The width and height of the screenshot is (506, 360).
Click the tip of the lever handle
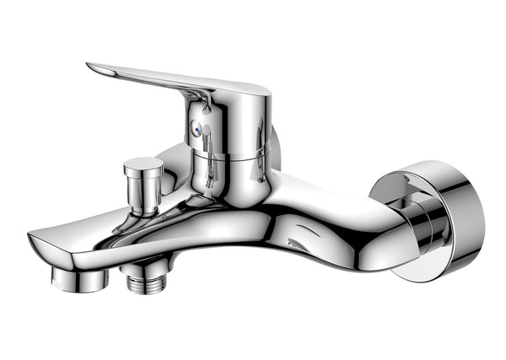coord(92,67)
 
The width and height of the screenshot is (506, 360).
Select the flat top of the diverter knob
coord(143,163)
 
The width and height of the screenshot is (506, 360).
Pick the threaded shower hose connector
coord(136,282)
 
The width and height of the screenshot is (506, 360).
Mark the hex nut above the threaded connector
coord(135,269)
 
